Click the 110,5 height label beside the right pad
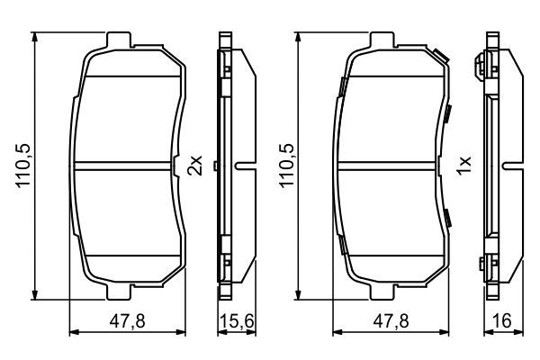(x=286, y=166)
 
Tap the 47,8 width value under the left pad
(x=127, y=321)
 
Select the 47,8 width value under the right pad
(x=391, y=321)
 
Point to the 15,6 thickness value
(x=237, y=321)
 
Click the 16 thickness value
(x=502, y=321)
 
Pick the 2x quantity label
(x=195, y=166)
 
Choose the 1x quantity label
(x=463, y=166)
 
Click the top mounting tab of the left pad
(x=119, y=40)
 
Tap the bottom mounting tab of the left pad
(x=119, y=292)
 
